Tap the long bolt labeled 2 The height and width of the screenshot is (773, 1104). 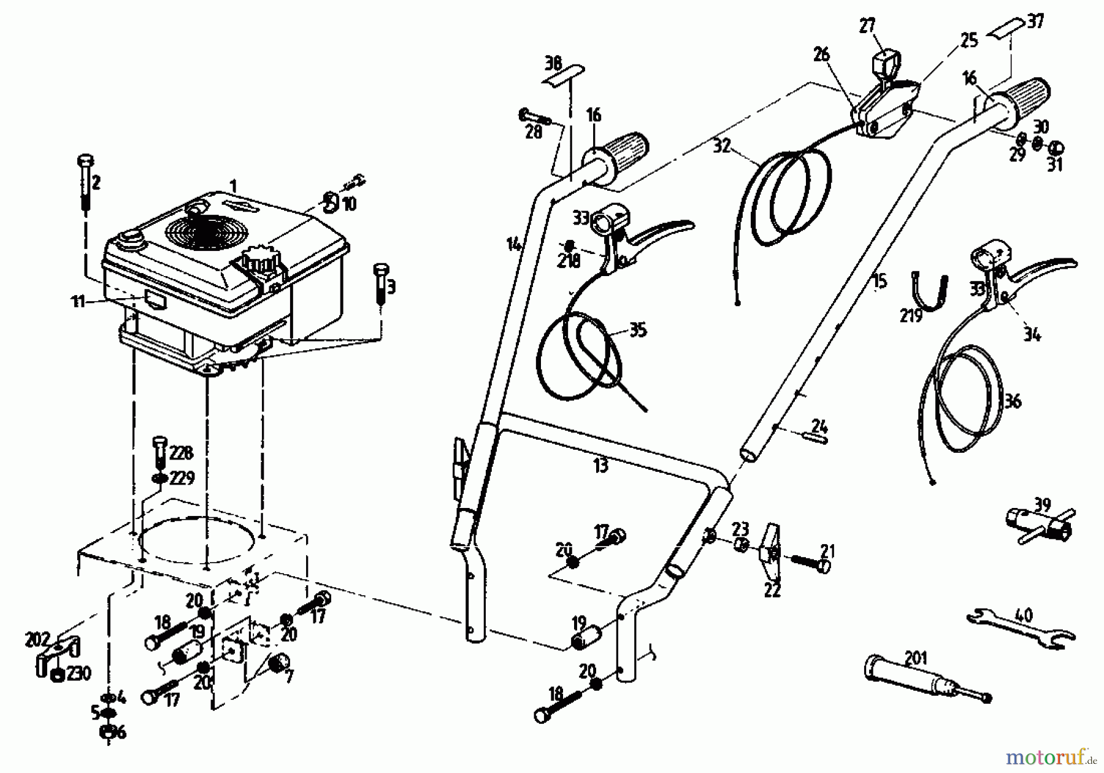[x=85, y=182]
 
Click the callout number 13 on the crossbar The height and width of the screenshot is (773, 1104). [x=600, y=466]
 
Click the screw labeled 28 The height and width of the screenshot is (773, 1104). [x=535, y=116]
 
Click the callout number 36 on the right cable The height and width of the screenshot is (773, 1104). [x=1012, y=401]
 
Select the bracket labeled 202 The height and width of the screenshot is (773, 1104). [x=58, y=653]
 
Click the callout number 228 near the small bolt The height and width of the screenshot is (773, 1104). [x=181, y=453]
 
